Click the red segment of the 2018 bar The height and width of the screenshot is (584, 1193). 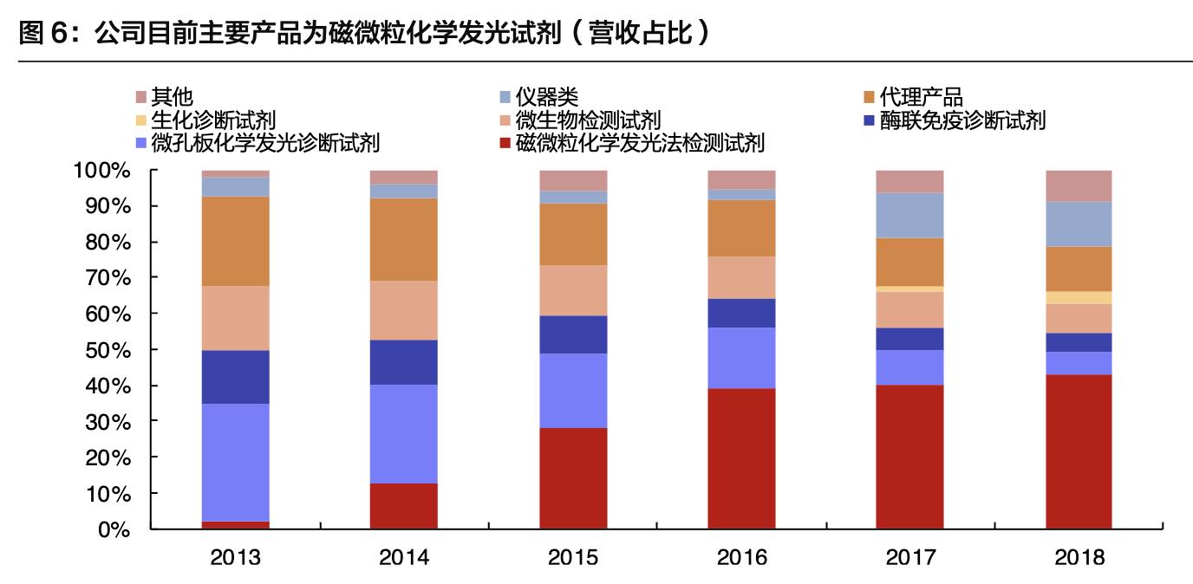[x=1078, y=451]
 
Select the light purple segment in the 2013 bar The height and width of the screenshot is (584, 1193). [x=235, y=462]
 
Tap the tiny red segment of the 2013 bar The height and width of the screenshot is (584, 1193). [x=235, y=525]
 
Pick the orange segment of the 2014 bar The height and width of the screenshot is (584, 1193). [x=403, y=239]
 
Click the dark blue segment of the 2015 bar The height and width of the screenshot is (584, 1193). [x=572, y=334]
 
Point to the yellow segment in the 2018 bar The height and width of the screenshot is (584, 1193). [x=1078, y=297]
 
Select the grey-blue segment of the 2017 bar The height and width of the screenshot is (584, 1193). [x=909, y=215]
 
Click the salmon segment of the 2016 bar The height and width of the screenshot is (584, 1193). [x=741, y=277]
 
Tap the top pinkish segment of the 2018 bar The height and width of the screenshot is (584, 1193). [x=1078, y=185]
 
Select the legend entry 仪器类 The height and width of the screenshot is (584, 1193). [x=546, y=96]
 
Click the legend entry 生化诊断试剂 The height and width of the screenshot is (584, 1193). [x=212, y=120]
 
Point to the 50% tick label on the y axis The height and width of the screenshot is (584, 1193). [x=108, y=349]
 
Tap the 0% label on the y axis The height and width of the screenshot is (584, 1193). [x=114, y=529]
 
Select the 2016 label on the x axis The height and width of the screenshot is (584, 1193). [x=741, y=557]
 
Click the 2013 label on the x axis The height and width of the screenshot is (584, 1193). [x=235, y=557]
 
